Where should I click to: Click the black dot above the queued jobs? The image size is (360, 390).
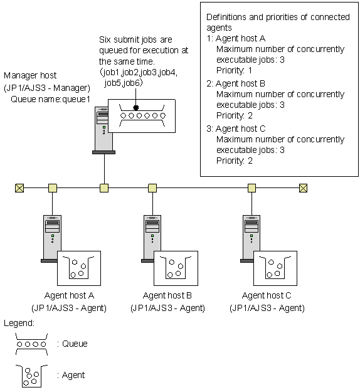[x=136, y=107]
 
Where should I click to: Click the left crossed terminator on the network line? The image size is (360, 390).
[x=19, y=188]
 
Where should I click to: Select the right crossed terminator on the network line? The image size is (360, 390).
[x=303, y=188]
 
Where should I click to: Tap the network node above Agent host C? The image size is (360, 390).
[x=251, y=188]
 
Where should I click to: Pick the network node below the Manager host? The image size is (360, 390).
[x=104, y=188]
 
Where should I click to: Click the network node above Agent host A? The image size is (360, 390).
[x=53, y=188]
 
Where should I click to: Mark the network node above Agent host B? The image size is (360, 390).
[x=152, y=188]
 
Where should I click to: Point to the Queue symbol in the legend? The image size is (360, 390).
[x=31, y=344]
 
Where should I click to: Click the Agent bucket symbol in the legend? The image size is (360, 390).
[x=31, y=376]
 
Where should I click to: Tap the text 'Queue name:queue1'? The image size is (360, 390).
[x=50, y=99]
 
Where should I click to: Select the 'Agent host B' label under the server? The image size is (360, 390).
[x=167, y=295]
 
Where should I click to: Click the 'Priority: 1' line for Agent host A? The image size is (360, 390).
[x=234, y=70]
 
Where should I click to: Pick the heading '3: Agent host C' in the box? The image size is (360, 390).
[x=236, y=129]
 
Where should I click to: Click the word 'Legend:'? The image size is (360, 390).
[x=19, y=323]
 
